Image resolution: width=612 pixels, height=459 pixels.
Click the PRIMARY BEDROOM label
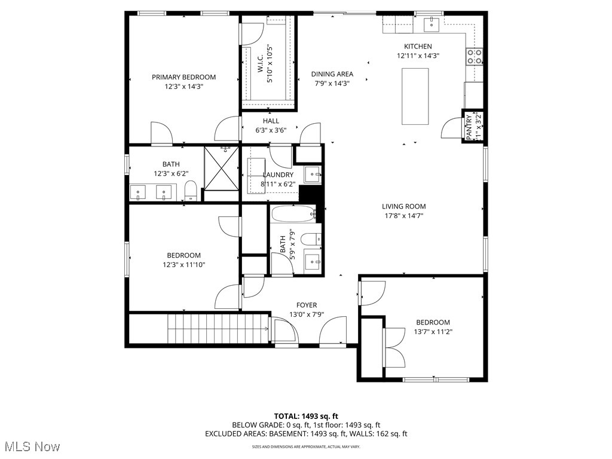[183, 77]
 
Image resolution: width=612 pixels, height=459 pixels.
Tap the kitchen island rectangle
[415, 96]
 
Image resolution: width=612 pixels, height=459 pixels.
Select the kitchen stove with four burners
[475, 57]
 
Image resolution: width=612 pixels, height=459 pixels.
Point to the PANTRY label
[470, 127]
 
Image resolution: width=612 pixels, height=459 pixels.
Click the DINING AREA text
[332, 74]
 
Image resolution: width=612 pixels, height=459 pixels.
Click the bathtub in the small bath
[293, 213]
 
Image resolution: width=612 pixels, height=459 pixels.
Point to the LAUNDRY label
[278, 175]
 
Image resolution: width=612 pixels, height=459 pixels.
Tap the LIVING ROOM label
[404, 207]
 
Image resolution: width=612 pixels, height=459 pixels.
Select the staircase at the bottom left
[218, 329]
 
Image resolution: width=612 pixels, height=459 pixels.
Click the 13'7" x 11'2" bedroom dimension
[433, 332]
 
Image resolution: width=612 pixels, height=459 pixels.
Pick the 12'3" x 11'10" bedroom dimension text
[184, 265]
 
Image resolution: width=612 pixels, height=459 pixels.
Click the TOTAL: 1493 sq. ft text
[306, 416]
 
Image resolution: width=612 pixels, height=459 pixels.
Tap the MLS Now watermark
[31, 446]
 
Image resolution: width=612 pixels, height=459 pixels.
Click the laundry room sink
[312, 175]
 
